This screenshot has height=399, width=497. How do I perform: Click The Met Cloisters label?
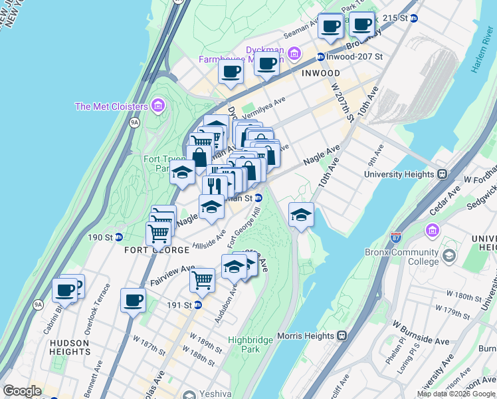[110, 106]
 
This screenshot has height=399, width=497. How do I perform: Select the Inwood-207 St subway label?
[354, 57]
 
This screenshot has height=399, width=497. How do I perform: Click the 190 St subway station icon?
[119, 237]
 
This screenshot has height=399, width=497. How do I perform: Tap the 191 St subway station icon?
[197, 305]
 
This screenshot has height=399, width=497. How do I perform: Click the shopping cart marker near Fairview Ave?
[202, 279]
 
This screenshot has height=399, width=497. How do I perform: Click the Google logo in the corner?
[22, 391]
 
